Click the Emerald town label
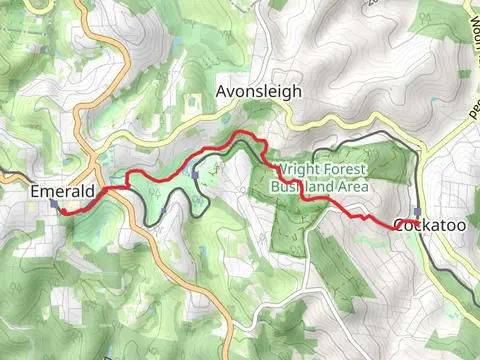point(62,191)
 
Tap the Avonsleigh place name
point(258,93)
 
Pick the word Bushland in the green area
point(298,187)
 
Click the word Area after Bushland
point(351,187)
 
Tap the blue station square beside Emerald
point(54,204)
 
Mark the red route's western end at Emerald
point(61,212)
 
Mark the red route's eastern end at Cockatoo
point(413,227)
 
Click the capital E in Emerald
point(35,191)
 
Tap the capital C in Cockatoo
point(400,226)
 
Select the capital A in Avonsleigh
point(222,93)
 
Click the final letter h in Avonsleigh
point(296,93)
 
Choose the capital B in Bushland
point(274,187)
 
